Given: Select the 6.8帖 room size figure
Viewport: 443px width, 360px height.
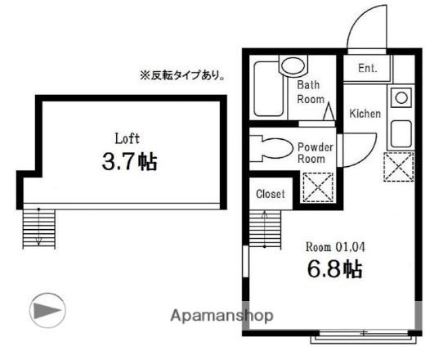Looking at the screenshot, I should click(333, 268).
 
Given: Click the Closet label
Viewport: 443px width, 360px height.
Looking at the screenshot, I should click(271, 195).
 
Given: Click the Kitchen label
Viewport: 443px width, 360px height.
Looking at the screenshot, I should click(364, 114).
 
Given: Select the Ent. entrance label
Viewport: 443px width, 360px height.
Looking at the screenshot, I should click(367, 69).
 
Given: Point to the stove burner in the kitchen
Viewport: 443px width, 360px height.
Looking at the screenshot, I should click(400, 98).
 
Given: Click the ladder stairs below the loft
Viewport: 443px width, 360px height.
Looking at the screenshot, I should click(38, 226).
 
